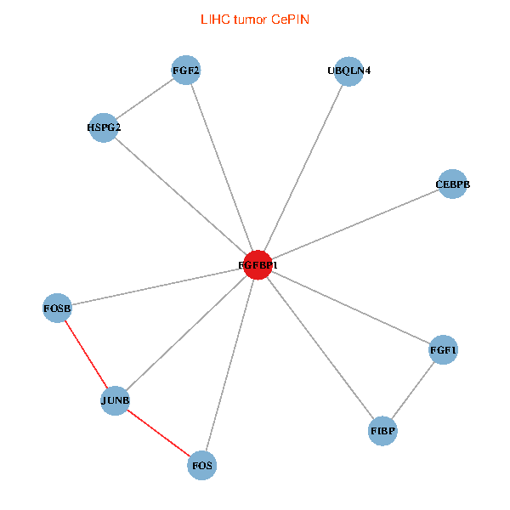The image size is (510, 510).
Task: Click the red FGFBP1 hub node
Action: coord(258,265)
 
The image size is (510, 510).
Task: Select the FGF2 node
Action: coord(186,71)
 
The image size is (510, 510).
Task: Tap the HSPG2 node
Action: coord(104,128)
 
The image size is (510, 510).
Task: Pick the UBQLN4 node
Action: coord(348,71)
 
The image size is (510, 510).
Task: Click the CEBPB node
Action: coord(452,184)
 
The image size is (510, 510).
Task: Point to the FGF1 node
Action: coord(444,350)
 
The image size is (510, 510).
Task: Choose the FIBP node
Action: coord(383,431)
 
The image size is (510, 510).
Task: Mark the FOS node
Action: coord(202,465)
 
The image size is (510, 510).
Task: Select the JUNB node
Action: coord(116,400)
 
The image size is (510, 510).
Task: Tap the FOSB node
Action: coord(58,306)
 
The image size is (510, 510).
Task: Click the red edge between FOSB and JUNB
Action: coord(87,353)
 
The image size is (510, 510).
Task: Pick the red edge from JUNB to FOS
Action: coord(159,433)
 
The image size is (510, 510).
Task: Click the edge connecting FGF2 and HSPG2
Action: coord(144,100)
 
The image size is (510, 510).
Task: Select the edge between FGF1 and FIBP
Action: coord(414,390)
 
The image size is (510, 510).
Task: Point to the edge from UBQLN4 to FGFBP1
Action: coord(303,168)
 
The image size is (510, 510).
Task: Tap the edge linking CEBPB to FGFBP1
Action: coord(355,225)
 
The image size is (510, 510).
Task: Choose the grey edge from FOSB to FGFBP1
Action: coord(157,286)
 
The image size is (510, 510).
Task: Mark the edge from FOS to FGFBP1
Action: coord(229,365)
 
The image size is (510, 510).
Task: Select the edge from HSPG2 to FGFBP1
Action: coord(180,196)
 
